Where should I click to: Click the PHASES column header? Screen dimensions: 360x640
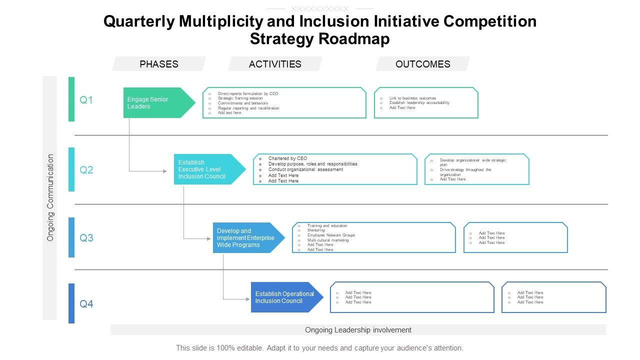point(159,64)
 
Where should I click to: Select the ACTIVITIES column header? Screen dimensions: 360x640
point(275,64)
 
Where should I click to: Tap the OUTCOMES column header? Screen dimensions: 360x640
point(422,64)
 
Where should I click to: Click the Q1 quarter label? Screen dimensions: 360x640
point(86,100)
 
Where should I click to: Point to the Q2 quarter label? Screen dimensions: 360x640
point(86,170)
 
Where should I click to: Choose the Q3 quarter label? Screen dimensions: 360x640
point(86,238)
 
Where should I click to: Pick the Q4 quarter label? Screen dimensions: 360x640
point(86,304)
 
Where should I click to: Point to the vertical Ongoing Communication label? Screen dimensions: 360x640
point(50,197)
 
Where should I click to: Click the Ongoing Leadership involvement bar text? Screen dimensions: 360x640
point(358,330)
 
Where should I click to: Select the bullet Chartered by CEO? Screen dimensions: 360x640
point(287,158)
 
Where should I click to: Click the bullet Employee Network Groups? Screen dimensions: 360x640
point(331,235)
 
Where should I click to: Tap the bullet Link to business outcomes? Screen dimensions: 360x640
point(412,98)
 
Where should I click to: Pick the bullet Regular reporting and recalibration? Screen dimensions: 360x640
point(248,108)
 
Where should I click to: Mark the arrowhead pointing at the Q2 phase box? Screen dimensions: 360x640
point(165,171)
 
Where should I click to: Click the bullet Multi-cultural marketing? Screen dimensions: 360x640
point(328,240)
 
